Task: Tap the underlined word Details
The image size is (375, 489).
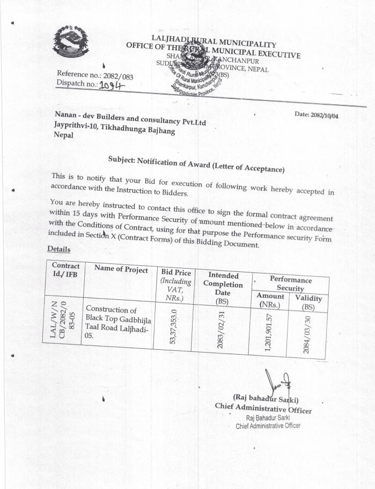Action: click(59, 249)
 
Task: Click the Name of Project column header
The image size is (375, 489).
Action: click(121, 269)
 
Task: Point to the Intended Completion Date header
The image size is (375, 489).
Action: click(222, 289)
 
